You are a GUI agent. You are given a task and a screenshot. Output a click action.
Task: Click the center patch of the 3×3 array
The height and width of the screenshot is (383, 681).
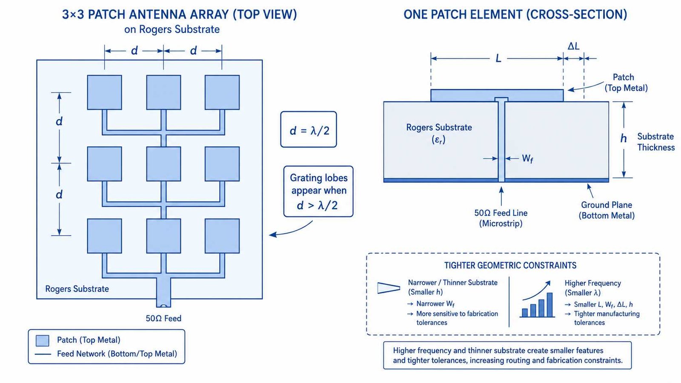[x=163, y=164]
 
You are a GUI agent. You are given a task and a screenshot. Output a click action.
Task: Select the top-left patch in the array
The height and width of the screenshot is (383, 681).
[x=105, y=92]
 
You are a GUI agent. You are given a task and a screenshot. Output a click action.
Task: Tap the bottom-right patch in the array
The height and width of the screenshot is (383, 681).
[x=222, y=236]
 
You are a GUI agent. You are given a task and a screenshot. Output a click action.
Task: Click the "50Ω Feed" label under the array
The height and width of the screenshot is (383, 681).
[x=163, y=318]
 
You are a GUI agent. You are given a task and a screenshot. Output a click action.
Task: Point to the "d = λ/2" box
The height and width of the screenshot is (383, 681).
[x=309, y=129]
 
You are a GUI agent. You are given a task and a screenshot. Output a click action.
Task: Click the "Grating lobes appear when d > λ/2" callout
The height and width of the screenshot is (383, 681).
[x=318, y=191]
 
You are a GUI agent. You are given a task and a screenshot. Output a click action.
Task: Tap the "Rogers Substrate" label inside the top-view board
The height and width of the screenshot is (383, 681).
[x=77, y=289]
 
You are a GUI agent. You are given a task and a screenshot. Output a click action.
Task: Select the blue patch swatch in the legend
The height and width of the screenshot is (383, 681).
[x=43, y=341]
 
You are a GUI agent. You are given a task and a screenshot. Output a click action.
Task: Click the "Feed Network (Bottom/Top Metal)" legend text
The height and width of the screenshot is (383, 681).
[x=117, y=354]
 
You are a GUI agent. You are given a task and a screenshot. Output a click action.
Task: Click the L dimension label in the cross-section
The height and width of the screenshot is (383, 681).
[x=498, y=58]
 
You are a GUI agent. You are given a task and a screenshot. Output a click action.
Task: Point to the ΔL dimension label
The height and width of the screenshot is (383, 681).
[x=574, y=46]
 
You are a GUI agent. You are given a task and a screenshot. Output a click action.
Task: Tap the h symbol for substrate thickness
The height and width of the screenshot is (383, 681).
[x=624, y=139]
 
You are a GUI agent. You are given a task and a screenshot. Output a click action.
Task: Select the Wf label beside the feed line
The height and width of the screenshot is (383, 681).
[x=527, y=159]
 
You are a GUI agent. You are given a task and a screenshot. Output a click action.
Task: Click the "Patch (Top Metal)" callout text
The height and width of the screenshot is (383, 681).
[x=626, y=83]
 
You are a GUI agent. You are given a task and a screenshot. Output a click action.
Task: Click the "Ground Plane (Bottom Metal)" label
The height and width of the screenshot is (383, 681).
[x=607, y=210]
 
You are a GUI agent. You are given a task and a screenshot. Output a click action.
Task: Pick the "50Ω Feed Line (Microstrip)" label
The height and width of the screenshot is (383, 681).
[x=501, y=218]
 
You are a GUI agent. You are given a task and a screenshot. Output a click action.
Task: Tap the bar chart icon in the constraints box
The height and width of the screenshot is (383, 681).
[x=537, y=300]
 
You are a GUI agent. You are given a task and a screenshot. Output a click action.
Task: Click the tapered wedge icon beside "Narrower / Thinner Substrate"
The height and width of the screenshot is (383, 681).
[x=389, y=288]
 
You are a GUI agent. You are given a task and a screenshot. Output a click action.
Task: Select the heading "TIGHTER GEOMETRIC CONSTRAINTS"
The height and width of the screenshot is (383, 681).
[x=510, y=266]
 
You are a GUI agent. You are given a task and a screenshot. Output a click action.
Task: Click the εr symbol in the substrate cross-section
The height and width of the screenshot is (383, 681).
[x=438, y=140]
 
